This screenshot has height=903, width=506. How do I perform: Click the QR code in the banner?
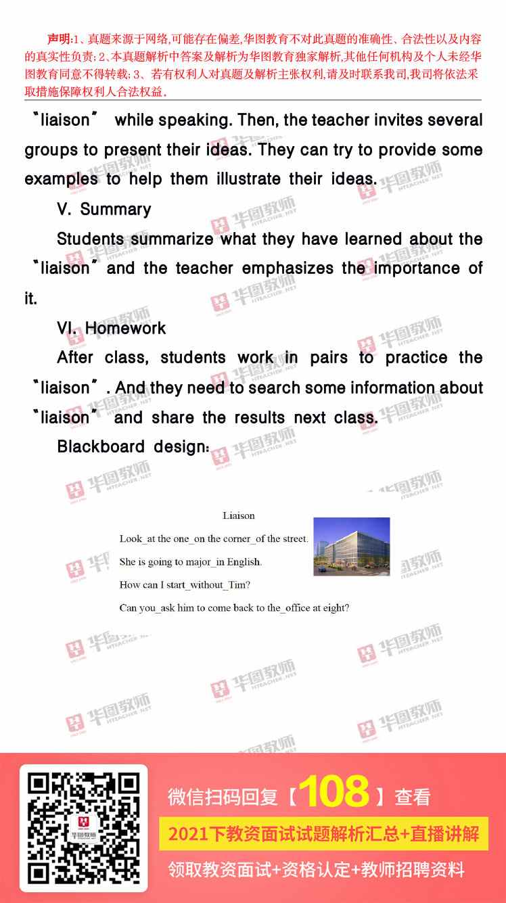84,828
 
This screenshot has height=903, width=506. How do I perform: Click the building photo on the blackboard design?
352,547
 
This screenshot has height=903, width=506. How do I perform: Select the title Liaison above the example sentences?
239,515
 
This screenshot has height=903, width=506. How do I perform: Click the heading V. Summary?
104,209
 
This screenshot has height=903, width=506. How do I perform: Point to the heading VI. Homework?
112,328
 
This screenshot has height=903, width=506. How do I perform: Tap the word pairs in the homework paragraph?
329,358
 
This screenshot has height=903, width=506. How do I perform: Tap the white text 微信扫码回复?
223,797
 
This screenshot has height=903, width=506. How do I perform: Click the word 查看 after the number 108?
413,797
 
